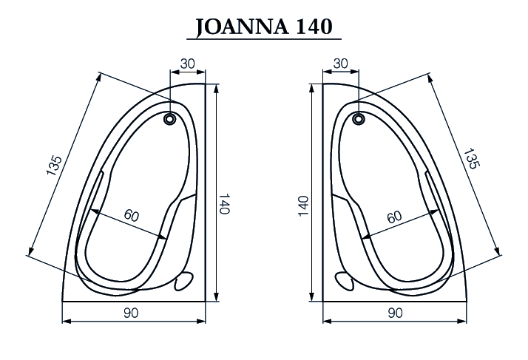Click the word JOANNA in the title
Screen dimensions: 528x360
[x=242, y=27]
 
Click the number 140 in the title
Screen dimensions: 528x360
[x=314, y=27]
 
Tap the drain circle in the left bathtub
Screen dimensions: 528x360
[x=170, y=118]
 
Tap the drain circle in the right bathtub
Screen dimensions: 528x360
[x=359, y=118]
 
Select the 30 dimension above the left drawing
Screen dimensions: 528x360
[x=188, y=64]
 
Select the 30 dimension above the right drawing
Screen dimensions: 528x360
[x=340, y=64]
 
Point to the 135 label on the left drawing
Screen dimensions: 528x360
[x=54, y=166]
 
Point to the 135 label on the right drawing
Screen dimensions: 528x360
[x=472, y=158]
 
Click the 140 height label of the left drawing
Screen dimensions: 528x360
[x=224, y=204]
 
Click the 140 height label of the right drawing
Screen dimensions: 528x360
[x=304, y=206]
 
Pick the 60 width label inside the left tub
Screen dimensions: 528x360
[x=132, y=216]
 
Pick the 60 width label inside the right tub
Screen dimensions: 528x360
[x=394, y=217]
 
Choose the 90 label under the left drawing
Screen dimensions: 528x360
[x=131, y=313]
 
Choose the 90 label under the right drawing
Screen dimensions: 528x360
[x=395, y=313]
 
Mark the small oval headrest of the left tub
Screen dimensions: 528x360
[x=184, y=282]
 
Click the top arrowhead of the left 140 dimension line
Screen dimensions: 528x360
[x=216, y=88]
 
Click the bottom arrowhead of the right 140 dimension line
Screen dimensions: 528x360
[x=312, y=296]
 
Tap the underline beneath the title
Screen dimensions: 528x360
[x=264, y=39]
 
